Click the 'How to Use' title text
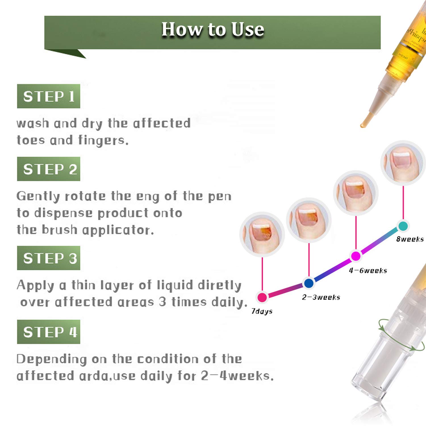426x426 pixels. point(213,29)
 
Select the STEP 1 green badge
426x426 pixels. point(49,96)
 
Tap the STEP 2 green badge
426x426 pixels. point(49,169)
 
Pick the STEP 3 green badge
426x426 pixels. point(49,258)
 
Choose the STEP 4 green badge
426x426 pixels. point(49,332)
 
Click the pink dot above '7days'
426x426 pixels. point(262,297)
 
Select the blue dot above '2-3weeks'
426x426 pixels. point(309,283)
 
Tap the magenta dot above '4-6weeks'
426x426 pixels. point(356,256)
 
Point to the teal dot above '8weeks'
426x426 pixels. point(403,226)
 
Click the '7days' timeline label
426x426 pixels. point(262,312)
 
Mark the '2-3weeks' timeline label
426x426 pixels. point(321,297)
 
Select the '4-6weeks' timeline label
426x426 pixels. point(368,271)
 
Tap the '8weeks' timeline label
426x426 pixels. point(410,239)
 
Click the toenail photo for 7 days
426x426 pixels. point(262,234)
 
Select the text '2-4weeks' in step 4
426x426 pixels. point(237,376)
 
